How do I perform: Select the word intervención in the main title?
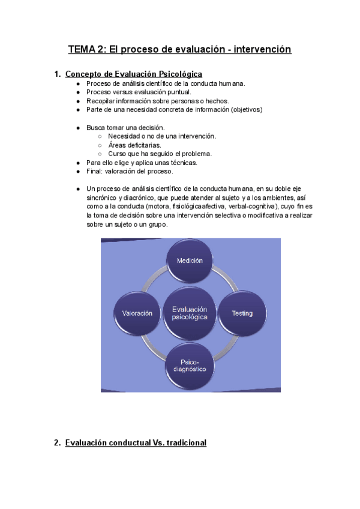pos(262,49)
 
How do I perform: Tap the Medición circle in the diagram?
pos(190,261)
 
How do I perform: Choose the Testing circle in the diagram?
pos(242,313)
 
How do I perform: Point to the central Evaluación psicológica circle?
pos(190,312)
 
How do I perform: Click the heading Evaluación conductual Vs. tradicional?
pos(136,442)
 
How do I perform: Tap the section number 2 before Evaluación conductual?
pos(57,442)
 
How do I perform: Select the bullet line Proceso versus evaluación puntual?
pos(139,92)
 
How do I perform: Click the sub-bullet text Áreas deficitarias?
pos(134,145)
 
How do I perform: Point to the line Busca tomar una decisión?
pos(125,128)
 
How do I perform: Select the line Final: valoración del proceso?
pos(130,171)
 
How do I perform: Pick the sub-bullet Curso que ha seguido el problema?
pos(160,154)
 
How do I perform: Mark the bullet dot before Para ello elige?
pos(79,163)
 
